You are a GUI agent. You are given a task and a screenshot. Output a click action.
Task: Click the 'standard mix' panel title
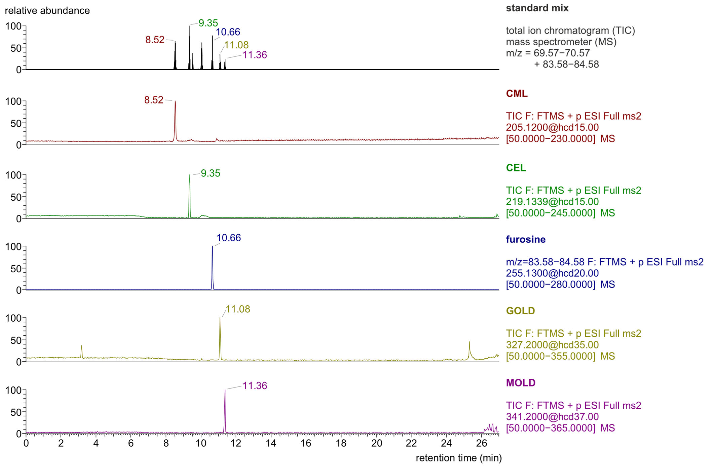tap(537, 8)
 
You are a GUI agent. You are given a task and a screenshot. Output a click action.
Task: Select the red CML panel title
tap(517, 93)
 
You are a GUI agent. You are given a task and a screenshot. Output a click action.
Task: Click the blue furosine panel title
tap(526, 239)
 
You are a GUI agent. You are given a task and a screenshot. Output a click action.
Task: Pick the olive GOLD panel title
tap(521, 311)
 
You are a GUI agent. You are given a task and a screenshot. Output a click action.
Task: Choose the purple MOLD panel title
tap(521, 383)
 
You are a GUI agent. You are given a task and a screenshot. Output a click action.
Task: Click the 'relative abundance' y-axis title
tap(47, 11)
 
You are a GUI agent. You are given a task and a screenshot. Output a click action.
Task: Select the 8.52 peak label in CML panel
tap(154, 100)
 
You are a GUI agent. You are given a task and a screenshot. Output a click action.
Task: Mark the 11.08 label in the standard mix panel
tap(236, 45)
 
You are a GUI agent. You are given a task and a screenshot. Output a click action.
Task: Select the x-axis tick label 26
tap(481, 443)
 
